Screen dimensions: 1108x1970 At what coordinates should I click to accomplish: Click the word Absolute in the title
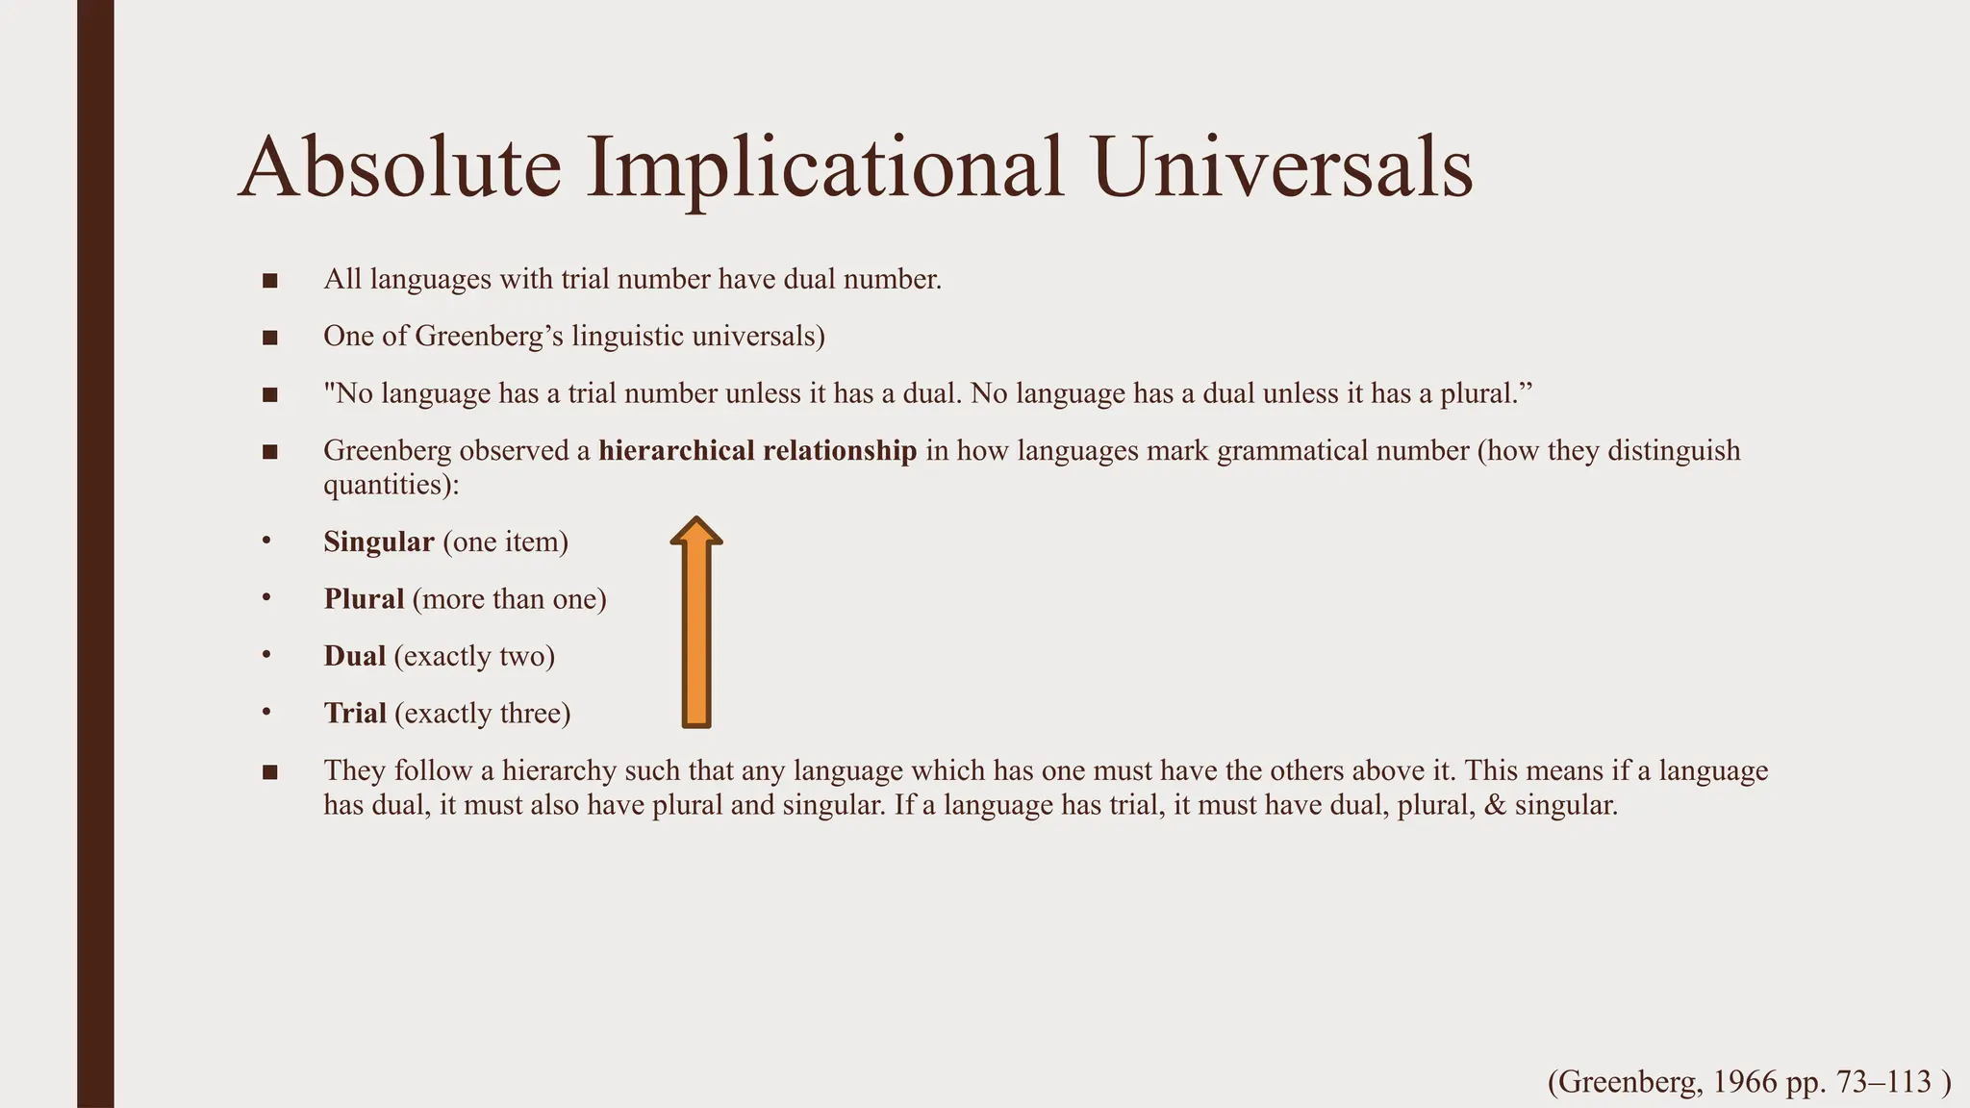399,167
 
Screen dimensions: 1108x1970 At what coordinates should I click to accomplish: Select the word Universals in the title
1282,167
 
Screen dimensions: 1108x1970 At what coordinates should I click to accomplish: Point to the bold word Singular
379,542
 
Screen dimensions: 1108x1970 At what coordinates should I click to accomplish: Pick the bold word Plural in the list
364,599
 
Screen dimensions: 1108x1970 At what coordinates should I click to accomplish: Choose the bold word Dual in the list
354,656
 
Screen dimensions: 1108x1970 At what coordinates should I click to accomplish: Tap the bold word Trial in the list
355,714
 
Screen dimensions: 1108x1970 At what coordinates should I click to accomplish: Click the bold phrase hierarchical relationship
757,451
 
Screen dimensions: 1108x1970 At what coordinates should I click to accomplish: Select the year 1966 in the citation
1745,1082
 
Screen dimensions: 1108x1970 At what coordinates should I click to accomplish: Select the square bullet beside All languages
269,281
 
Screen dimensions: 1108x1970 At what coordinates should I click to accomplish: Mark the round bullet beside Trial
266,713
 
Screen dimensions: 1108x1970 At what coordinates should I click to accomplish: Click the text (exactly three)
482,714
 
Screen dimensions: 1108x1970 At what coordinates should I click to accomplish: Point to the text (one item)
506,542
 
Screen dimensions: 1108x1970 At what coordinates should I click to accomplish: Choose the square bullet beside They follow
269,771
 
